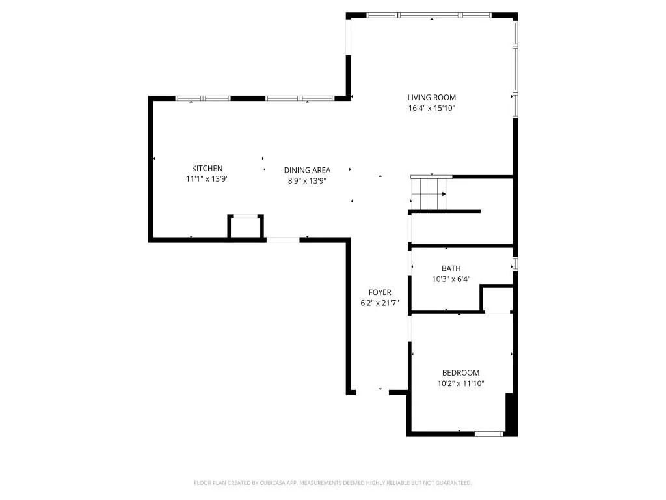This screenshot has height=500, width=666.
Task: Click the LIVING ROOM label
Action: [x=431, y=98]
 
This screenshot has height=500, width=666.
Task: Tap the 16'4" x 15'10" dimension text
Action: [x=431, y=109]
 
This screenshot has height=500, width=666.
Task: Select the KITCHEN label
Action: [x=207, y=169]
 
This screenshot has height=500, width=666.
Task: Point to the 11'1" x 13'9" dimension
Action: [x=207, y=180]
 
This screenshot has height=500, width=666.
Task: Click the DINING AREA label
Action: [x=307, y=171]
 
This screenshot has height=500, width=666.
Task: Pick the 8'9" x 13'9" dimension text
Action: [x=307, y=182]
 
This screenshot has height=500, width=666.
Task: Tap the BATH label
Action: [x=451, y=268]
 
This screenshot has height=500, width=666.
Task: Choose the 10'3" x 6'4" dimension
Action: [x=451, y=279]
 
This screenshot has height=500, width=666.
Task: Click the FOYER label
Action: [x=380, y=292]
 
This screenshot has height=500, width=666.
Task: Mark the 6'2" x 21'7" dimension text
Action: [x=380, y=303]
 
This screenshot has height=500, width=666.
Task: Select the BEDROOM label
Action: [x=460, y=373]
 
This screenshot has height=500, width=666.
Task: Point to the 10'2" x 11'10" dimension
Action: [x=460, y=384]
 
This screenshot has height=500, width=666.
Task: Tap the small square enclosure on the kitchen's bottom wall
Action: [x=246, y=227]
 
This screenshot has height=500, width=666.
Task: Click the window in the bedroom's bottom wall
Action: [x=489, y=434]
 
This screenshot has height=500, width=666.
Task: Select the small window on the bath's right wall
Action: [x=515, y=264]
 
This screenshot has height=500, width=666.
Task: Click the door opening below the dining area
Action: [x=283, y=240]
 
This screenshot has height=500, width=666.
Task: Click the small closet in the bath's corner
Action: [x=498, y=299]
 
